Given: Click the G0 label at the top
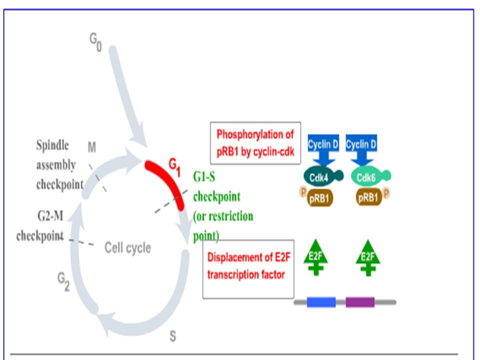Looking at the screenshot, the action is point(95,42).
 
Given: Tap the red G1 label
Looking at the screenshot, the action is point(175,168).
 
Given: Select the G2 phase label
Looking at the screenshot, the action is point(63,281).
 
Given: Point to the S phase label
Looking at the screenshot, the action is point(172,336).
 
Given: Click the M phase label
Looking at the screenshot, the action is point(92,147).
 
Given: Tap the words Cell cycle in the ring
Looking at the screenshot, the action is point(127,247).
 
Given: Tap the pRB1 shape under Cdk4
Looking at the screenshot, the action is point(319,198).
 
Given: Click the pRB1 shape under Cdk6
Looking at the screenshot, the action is point(368,197).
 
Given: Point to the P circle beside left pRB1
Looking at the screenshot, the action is point(303,192).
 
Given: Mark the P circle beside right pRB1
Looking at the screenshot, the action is point(386,193).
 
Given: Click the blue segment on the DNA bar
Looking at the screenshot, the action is point(321,302).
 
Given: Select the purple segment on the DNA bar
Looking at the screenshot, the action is point(360,302).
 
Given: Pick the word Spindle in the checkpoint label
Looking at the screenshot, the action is point(52,145).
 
